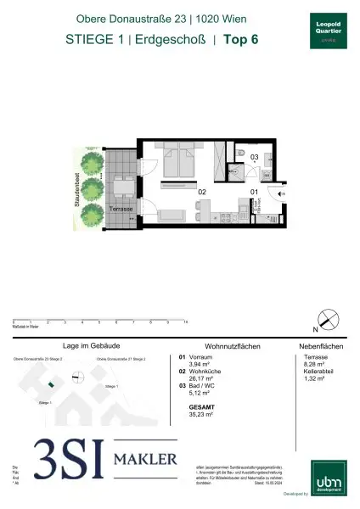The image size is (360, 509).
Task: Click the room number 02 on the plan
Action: (x=202, y=193)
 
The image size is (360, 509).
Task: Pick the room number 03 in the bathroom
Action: (x=253, y=157)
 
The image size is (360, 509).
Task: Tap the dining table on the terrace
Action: (x=122, y=185)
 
